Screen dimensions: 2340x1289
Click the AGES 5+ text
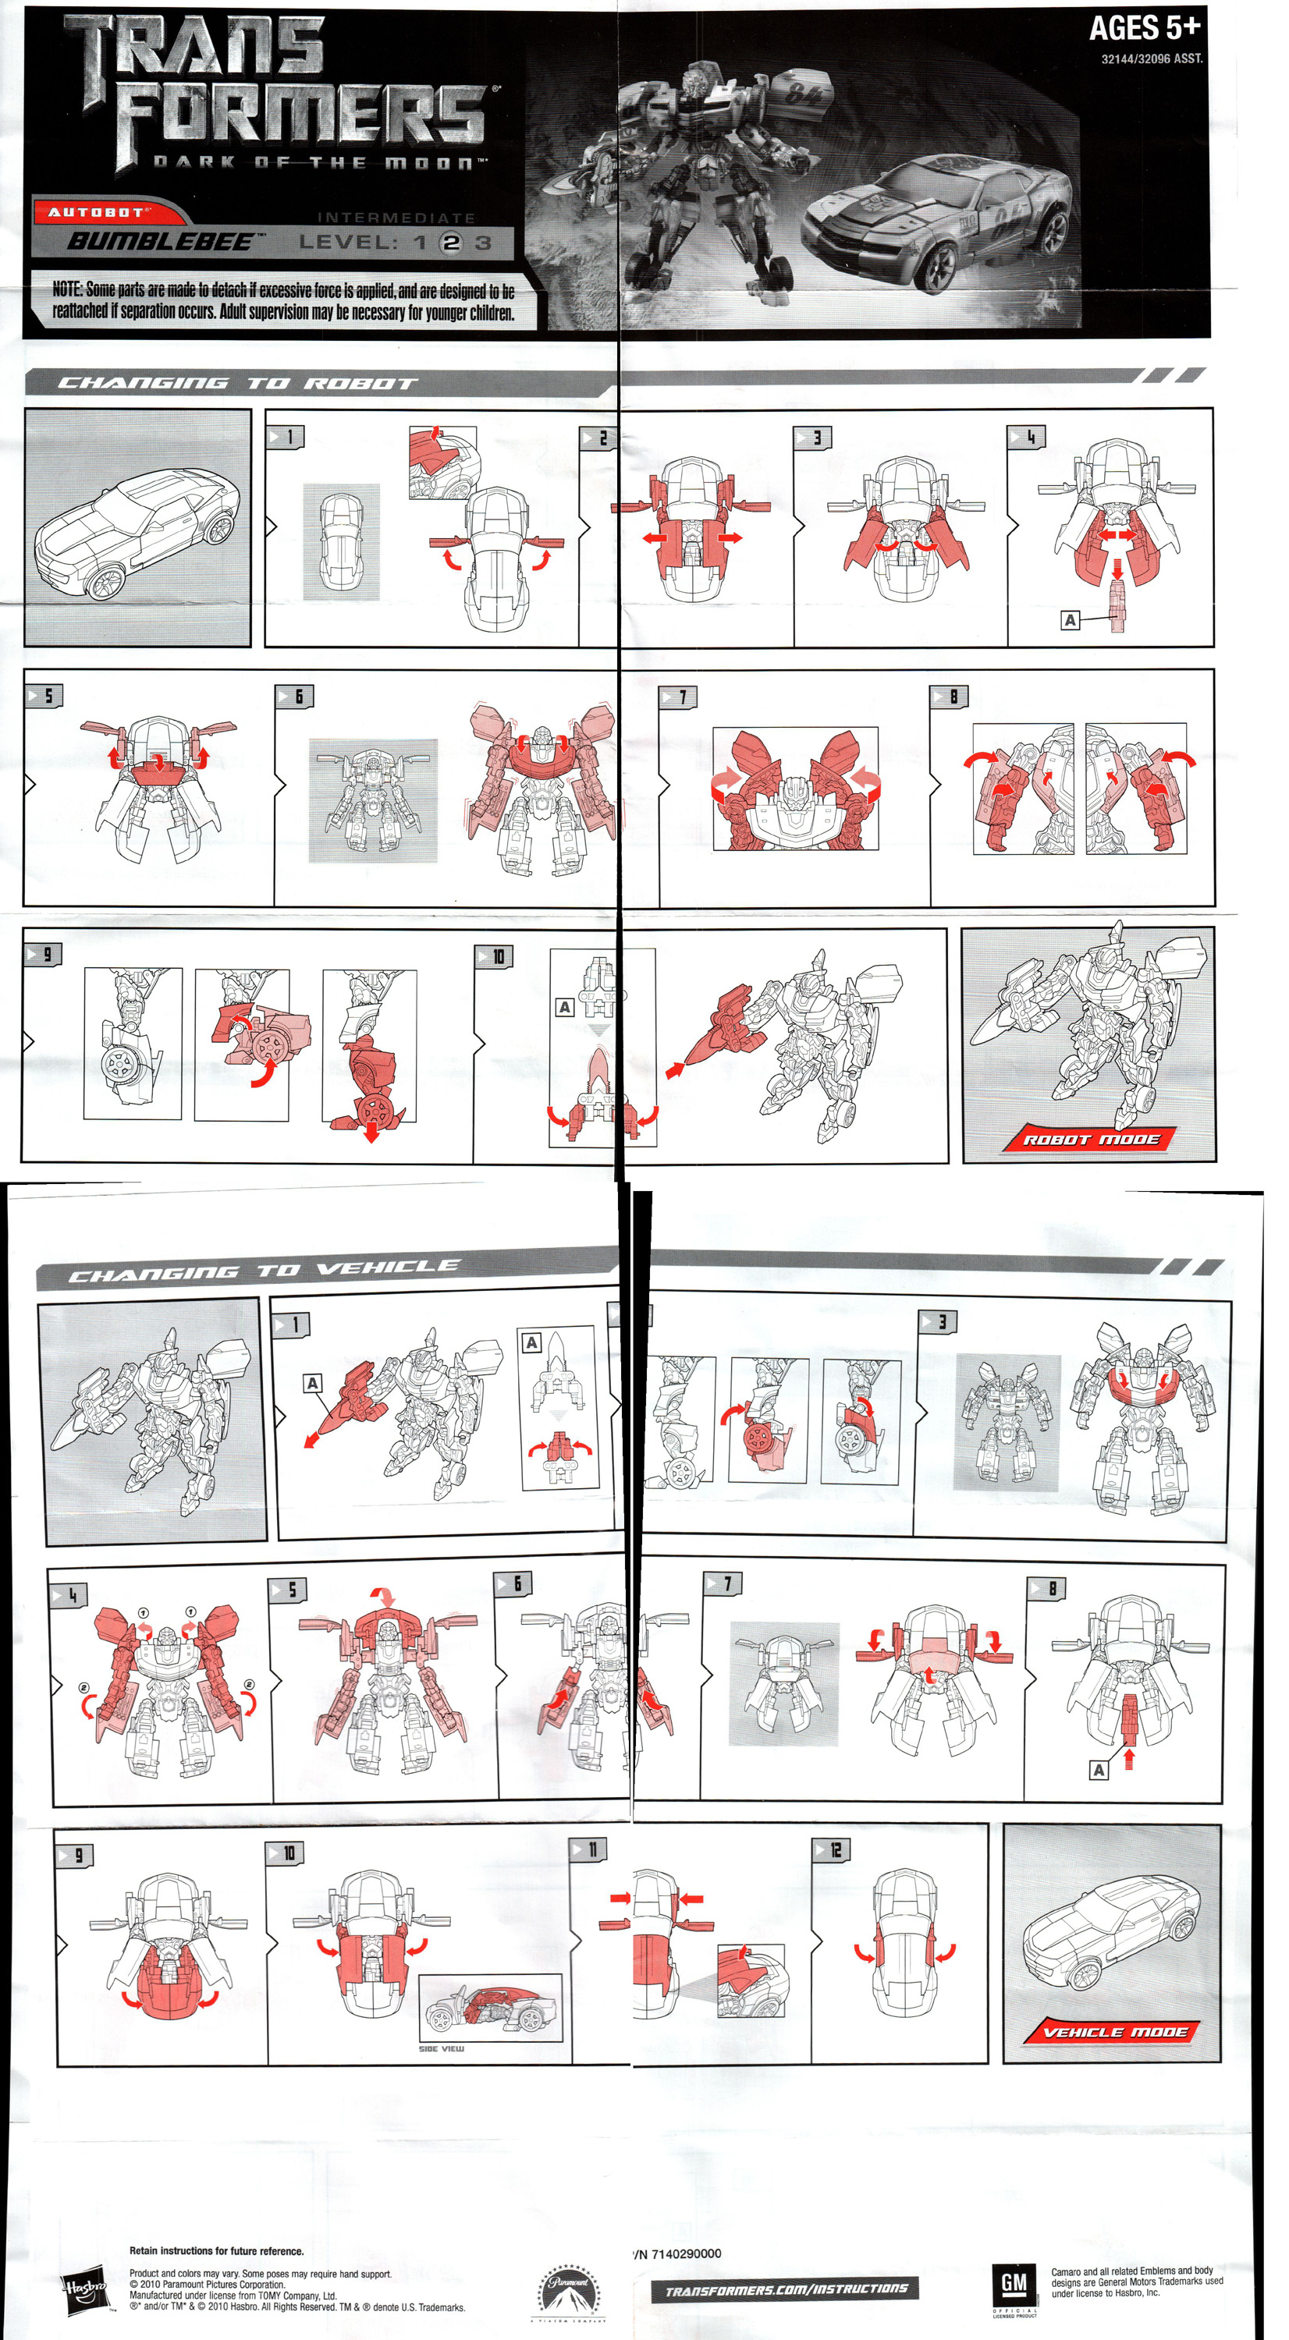[x=1144, y=29]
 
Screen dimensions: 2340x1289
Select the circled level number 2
[x=452, y=243]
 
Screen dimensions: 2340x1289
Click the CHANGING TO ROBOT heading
[x=236, y=383]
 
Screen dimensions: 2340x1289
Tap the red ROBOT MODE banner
[x=1090, y=1139]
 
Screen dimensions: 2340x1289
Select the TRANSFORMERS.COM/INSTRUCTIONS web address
[x=785, y=2290]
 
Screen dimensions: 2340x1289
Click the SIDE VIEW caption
[x=441, y=2048]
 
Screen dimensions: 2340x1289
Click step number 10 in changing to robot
[x=497, y=956]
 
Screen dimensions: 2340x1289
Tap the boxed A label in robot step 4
[x=1070, y=620]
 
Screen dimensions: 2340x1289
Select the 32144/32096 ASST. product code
[x=1151, y=59]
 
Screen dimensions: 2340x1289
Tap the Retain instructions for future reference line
[x=216, y=2250]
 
